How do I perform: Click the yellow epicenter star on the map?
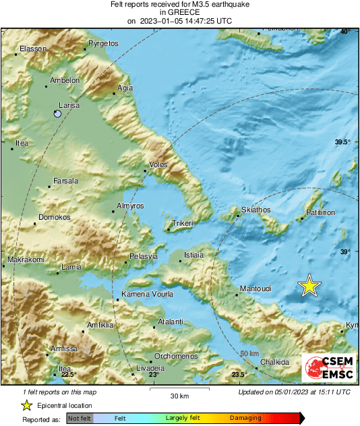click(x=309, y=286)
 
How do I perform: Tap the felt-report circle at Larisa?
click(x=58, y=115)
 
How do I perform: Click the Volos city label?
click(x=158, y=164)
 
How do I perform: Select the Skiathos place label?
click(x=256, y=210)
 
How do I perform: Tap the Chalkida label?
click(x=274, y=362)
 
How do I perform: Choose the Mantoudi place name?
click(x=256, y=288)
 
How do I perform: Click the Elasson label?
click(x=32, y=49)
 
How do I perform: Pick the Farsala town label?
click(x=66, y=181)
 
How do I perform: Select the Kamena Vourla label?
click(x=147, y=295)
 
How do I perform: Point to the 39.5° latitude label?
click(x=343, y=142)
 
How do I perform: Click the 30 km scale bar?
click(x=179, y=390)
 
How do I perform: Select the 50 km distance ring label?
click(x=249, y=353)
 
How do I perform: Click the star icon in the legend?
click(x=26, y=405)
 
